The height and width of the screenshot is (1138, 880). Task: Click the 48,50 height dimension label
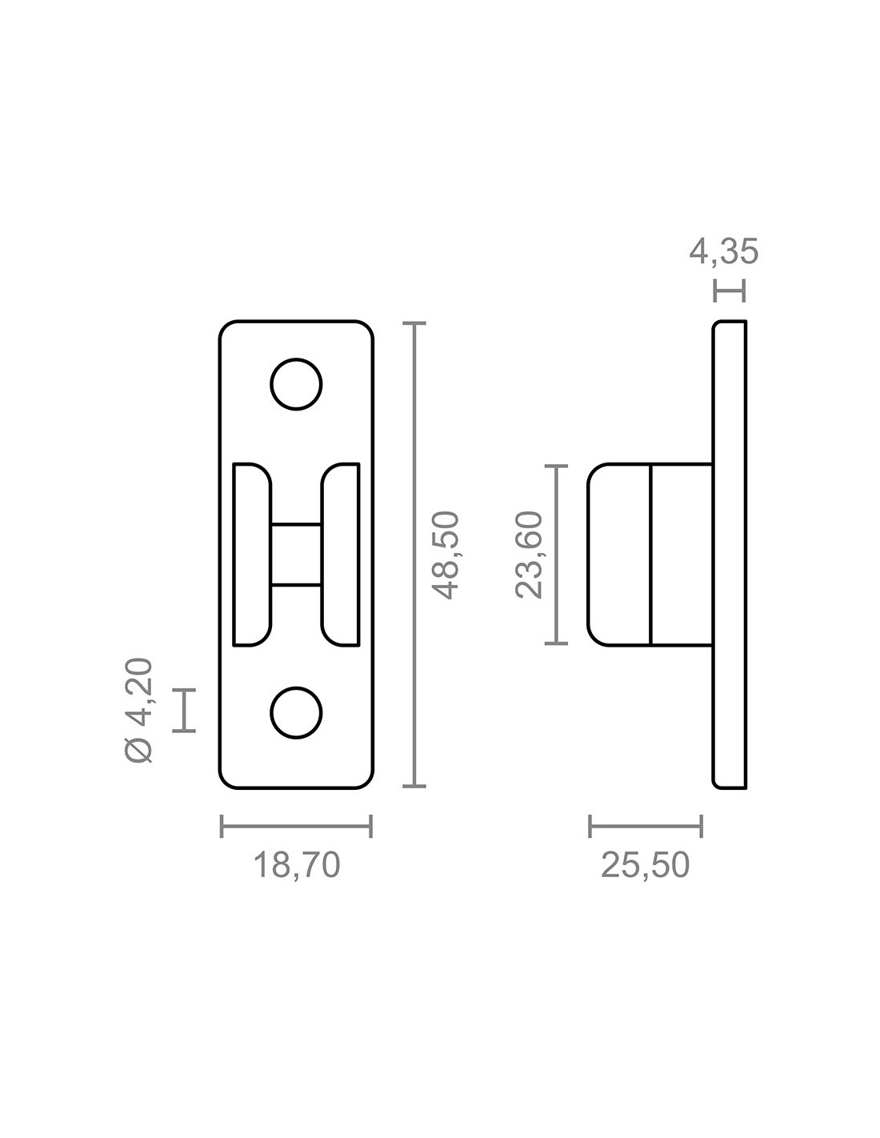[445, 555]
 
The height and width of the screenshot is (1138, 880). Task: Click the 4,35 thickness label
[723, 252]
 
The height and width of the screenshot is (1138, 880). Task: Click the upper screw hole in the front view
[296, 384]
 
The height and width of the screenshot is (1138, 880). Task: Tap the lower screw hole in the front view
[296, 712]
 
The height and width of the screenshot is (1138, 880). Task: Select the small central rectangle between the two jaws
[296, 554]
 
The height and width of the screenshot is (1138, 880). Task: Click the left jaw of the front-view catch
[252, 555]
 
